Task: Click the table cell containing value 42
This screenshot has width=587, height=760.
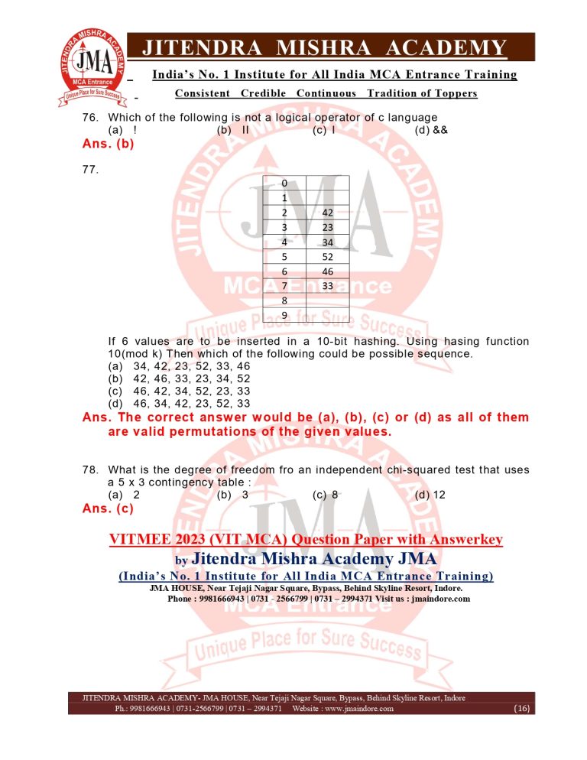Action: [x=327, y=213]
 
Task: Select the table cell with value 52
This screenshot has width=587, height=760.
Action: [x=327, y=257]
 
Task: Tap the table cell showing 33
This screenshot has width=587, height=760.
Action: [x=327, y=286]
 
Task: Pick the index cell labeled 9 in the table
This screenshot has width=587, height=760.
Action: [x=284, y=315]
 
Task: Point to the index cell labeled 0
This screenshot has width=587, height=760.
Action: [x=284, y=184]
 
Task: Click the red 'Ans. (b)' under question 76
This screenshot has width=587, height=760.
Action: [x=108, y=143]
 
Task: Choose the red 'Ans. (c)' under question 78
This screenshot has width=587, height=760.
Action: [x=108, y=508]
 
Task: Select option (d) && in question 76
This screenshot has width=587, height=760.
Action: [x=431, y=130]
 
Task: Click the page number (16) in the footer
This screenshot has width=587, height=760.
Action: [x=522, y=709]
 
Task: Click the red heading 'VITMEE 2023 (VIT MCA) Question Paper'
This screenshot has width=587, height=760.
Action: [x=306, y=540]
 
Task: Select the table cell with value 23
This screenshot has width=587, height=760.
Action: [x=327, y=227]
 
